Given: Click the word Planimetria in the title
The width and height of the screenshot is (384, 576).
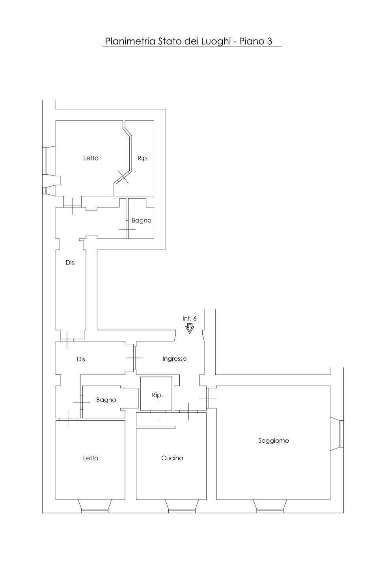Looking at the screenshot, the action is (x=130, y=41).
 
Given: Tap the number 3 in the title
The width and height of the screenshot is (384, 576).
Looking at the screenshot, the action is (x=270, y=41).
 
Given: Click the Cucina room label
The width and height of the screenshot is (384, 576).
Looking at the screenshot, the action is (x=172, y=458).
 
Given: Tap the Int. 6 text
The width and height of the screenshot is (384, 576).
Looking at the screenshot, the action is (x=190, y=318).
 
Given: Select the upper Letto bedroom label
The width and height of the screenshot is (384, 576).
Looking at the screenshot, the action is (x=91, y=158).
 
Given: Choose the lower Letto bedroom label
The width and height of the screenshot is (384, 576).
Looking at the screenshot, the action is (x=91, y=458).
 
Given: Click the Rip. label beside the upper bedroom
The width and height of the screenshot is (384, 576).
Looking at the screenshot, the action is (x=143, y=158).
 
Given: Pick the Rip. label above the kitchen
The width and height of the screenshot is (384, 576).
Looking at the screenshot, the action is (x=157, y=395).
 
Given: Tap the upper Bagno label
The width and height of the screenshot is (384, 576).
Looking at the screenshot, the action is (x=142, y=221).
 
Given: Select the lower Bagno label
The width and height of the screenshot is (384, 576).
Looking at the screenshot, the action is (x=106, y=400).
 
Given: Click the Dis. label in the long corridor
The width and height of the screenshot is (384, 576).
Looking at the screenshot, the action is (x=71, y=263).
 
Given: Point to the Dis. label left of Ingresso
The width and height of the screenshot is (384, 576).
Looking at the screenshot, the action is (x=82, y=359).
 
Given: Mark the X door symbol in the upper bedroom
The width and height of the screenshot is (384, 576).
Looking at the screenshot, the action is (x=123, y=177).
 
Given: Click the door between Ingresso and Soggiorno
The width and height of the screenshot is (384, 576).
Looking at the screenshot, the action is (x=207, y=398).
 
